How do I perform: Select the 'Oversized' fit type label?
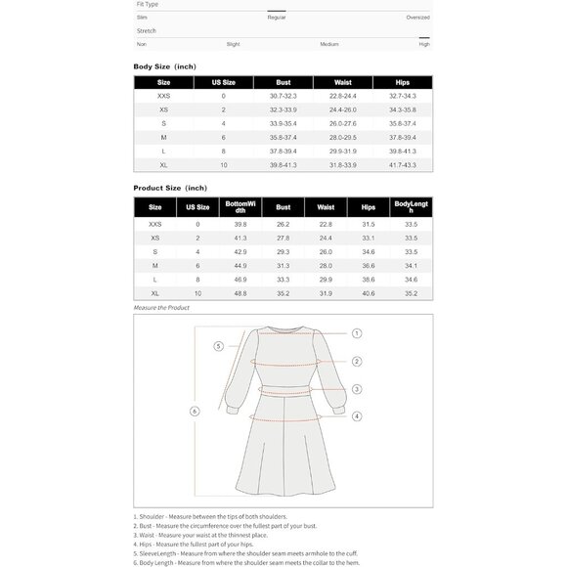417,18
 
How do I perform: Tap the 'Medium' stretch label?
329,44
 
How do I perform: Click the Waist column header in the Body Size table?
343,82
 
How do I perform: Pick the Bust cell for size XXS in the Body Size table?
283,96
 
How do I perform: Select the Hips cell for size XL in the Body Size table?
403,164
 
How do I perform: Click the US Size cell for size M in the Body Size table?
223,137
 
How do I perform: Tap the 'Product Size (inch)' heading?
170,187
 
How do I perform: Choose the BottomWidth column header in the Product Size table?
240,206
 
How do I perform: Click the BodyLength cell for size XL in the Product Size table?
411,293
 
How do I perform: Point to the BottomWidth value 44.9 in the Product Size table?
240,265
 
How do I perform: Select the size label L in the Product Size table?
155,280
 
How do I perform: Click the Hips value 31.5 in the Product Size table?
369,224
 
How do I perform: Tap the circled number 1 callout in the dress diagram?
358,333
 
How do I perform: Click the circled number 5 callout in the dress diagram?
219,346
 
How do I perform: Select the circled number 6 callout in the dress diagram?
195,411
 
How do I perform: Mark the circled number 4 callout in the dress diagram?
358,416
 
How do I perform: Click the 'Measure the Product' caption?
162,308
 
